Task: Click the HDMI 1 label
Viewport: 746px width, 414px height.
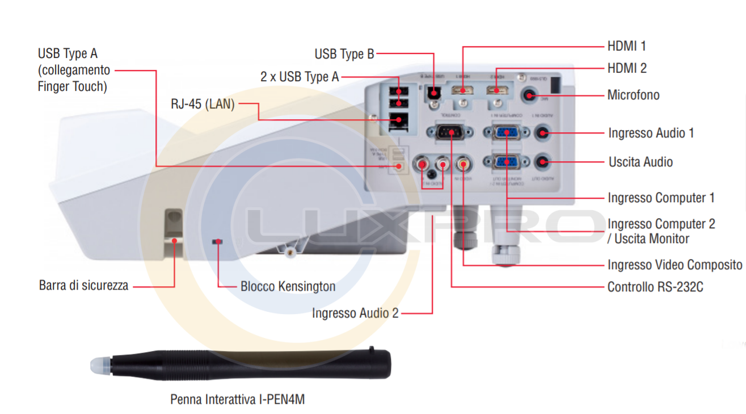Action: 626,46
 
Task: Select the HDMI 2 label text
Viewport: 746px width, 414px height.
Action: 626,68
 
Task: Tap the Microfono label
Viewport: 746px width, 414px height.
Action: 633,95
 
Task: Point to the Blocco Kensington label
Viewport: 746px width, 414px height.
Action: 288,286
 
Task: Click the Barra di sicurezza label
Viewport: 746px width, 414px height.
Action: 83,285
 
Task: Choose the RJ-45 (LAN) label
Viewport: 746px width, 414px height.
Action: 203,104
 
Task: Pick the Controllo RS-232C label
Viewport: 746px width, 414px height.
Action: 655,287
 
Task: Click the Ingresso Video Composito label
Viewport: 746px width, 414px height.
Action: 675,265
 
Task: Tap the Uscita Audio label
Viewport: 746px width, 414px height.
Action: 640,162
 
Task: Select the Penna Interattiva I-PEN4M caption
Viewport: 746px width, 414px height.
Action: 237,400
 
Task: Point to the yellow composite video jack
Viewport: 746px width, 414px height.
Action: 464,164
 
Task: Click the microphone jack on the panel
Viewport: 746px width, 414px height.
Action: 529,95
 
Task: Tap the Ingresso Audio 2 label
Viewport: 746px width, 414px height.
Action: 355,313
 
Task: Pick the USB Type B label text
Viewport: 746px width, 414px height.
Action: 344,54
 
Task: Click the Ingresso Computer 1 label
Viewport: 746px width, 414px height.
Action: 661,198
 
